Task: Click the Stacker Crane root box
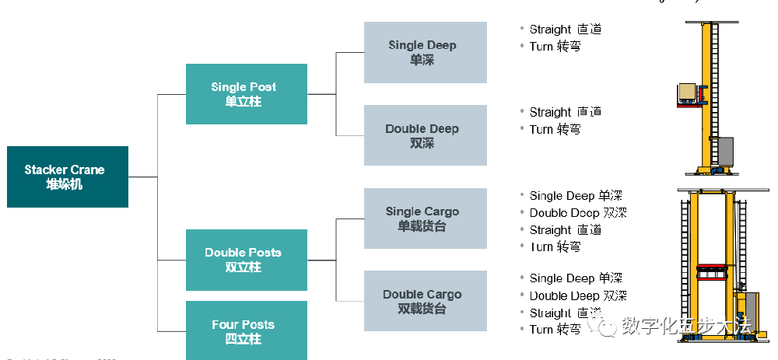tap(67, 177)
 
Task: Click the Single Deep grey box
tap(425, 52)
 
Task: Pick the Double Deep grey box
tap(425, 135)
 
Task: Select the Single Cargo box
tap(425, 218)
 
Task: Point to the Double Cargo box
tap(425, 301)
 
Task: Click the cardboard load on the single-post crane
tap(689, 92)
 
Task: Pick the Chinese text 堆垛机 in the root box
tap(67, 184)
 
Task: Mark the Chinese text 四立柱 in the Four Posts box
tap(244, 339)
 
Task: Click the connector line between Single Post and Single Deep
tap(336, 94)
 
